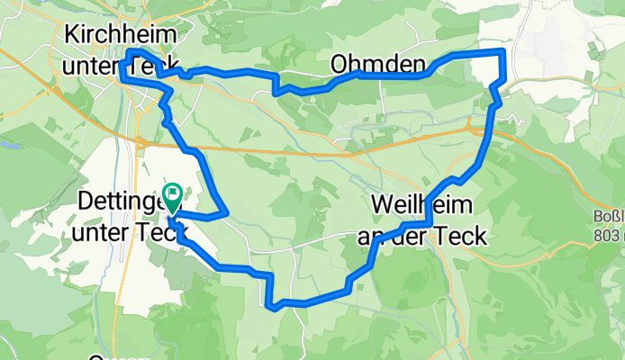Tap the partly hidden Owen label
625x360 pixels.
[x=113, y=356]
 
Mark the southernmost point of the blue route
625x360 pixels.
[x=273, y=307]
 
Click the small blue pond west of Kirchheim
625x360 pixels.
[x=9, y=142]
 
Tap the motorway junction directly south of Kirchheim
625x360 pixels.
[x=142, y=141]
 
